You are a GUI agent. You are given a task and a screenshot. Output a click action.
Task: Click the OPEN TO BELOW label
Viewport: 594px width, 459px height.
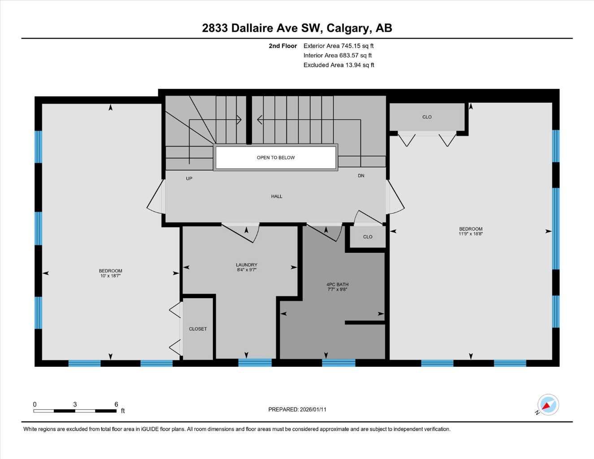point(276,158)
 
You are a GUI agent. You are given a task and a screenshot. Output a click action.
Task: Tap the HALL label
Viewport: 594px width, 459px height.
point(277,196)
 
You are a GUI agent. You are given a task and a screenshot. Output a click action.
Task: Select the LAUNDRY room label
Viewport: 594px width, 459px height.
point(247,265)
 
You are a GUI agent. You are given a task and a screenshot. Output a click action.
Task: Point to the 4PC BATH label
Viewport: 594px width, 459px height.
point(337,285)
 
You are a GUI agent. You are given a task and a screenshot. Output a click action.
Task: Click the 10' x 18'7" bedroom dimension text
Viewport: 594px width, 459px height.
point(110,276)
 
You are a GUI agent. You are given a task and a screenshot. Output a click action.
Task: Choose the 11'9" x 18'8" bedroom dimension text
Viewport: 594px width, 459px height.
point(470,234)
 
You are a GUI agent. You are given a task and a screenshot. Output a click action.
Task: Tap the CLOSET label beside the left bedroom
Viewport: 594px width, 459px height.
point(198,329)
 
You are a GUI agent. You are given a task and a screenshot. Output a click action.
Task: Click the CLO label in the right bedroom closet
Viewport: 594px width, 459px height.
point(427,117)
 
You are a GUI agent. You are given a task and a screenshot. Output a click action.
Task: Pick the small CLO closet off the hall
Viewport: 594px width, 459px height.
point(368,237)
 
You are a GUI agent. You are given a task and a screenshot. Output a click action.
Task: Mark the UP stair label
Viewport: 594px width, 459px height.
point(189,178)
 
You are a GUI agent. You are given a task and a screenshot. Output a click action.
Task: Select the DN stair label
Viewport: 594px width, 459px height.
point(361,176)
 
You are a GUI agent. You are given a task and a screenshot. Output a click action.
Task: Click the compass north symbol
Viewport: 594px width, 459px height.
point(548,405)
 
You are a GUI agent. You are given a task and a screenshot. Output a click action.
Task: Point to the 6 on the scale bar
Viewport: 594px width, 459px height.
point(116,404)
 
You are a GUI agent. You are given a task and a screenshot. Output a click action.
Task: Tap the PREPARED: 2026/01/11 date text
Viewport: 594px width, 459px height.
point(297,409)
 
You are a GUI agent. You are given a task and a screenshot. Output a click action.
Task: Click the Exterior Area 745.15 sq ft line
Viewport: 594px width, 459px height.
point(338,46)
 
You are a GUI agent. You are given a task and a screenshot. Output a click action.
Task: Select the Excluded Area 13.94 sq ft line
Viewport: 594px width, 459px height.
point(338,65)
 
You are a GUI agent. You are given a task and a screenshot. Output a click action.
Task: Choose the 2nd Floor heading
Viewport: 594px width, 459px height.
point(283,46)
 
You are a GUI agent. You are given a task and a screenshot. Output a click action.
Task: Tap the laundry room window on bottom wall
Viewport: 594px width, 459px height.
point(255,363)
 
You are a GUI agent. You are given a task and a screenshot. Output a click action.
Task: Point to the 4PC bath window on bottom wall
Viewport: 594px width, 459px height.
point(338,363)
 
